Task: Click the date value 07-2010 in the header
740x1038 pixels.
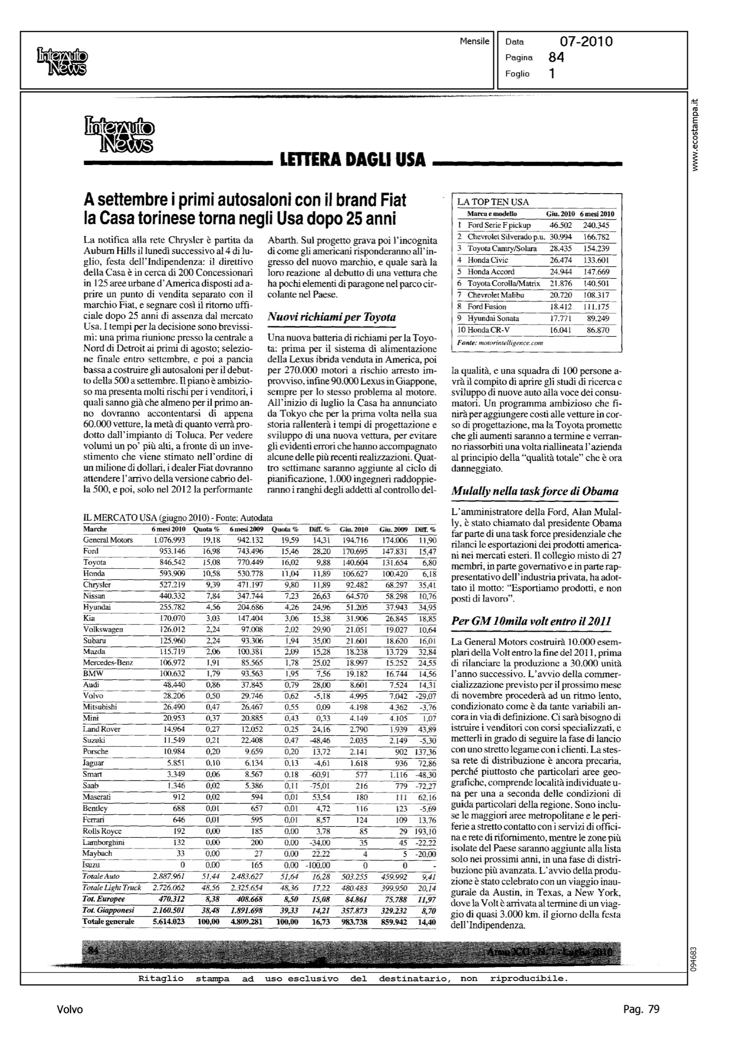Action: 586,42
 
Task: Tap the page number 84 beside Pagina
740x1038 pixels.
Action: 556,58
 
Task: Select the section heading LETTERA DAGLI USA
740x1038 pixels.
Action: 353,160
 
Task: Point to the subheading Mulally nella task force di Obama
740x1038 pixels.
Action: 535,491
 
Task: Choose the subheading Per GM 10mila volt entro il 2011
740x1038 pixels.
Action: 531,621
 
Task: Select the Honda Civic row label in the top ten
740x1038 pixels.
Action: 488,260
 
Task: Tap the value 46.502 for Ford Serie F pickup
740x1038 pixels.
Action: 560,225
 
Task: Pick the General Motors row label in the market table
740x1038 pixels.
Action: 108,540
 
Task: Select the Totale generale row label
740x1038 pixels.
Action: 108,922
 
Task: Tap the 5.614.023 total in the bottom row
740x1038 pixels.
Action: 168,922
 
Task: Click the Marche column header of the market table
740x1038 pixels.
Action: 95,529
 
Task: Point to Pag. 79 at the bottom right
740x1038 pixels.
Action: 641,1009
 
